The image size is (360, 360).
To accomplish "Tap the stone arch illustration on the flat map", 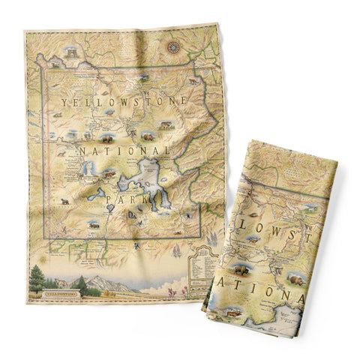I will [x=72, y=54].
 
